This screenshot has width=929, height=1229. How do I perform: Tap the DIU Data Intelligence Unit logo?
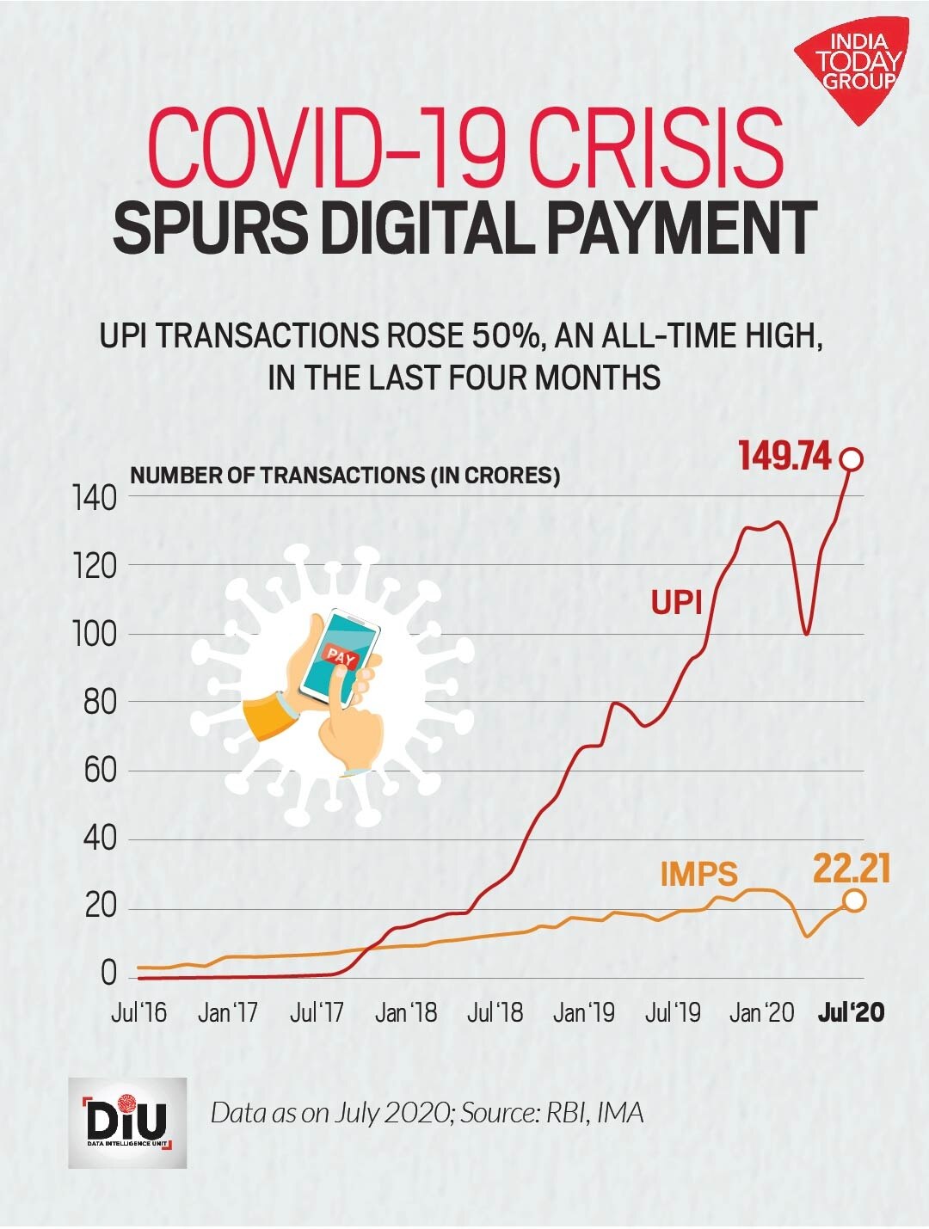[127, 1122]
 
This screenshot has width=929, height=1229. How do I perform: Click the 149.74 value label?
[784, 457]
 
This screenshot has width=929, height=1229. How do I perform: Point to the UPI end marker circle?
[852, 459]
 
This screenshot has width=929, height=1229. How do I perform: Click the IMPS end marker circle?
[854, 900]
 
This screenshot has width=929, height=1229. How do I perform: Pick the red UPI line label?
[676, 603]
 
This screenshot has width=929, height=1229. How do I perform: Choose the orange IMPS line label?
[698, 874]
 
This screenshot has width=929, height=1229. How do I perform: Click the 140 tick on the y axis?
[96, 497]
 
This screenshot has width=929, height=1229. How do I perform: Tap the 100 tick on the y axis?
[96, 634]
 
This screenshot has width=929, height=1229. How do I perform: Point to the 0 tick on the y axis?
[108, 974]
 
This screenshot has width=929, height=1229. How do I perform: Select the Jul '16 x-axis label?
[139, 1013]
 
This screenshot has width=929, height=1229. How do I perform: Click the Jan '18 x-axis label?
[405, 1013]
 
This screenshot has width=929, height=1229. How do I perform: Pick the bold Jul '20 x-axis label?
[850, 1013]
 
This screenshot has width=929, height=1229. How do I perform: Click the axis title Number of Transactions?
[344, 476]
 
